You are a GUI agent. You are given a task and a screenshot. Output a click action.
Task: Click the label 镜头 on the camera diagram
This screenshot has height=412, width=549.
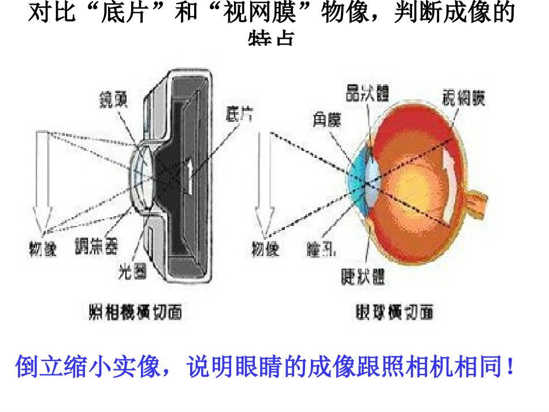pos(113,102)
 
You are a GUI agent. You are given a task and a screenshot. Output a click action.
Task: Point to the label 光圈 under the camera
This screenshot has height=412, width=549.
pos(132,270)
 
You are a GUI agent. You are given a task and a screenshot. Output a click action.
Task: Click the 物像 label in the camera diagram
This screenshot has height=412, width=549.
pos(42,249)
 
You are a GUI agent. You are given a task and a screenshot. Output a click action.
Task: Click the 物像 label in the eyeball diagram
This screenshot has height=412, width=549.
pos(265,249)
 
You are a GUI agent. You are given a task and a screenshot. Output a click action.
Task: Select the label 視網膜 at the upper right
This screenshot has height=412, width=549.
pos(463,96)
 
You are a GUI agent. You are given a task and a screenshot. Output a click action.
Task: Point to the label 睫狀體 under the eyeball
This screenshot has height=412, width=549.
pos(362,276)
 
